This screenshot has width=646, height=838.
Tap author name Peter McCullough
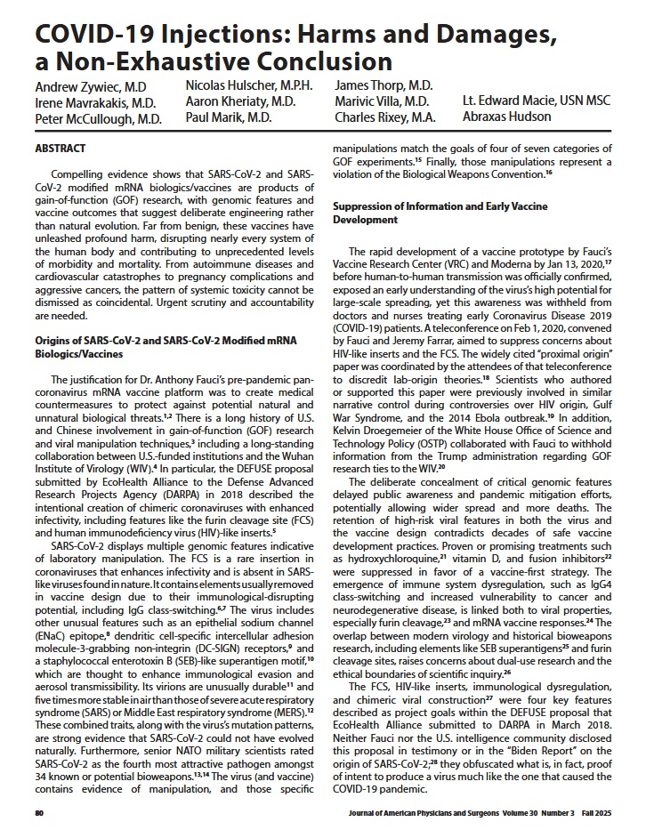click(x=98, y=118)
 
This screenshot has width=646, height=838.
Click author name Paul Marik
click(x=229, y=117)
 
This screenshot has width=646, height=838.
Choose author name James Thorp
click(x=384, y=85)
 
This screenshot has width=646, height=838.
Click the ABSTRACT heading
click(x=60, y=148)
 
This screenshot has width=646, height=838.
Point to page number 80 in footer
click(x=39, y=813)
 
